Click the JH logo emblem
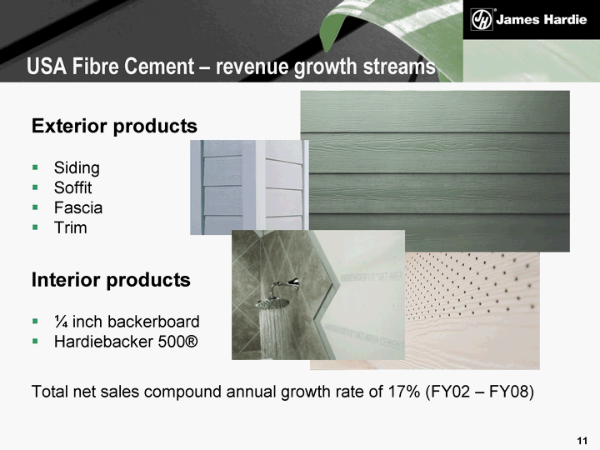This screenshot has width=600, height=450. (x=482, y=19)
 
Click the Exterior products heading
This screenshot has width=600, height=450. (x=114, y=126)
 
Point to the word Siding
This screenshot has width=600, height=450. (x=77, y=168)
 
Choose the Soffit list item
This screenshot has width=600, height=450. (x=73, y=187)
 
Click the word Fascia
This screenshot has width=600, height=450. (x=78, y=207)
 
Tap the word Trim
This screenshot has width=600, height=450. (x=71, y=227)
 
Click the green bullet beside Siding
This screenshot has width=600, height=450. (x=35, y=167)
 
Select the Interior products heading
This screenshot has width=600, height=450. (x=111, y=280)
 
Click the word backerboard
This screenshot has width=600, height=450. (x=154, y=322)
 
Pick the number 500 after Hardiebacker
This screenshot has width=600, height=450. (x=169, y=342)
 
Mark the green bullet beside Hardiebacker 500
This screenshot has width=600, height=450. (x=35, y=341)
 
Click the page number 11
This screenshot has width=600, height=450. (x=582, y=441)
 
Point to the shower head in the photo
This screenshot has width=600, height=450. (x=273, y=303)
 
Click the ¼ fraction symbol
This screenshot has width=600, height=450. (x=61, y=322)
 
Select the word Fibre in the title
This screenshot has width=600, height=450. (x=95, y=66)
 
